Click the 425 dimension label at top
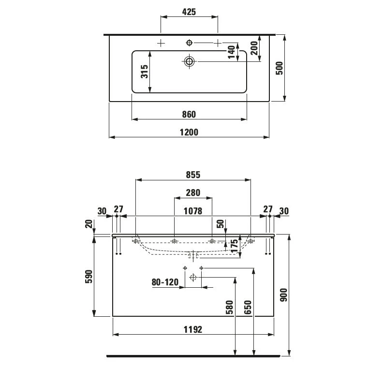pyautogui.click(x=189, y=12)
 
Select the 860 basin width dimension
pyautogui.click(x=189, y=114)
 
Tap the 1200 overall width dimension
pyautogui.click(x=189, y=132)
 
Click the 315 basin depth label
pyautogui.click(x=144, y=72)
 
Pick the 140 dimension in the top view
pyautogui.click(x=232, y=52)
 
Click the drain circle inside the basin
pyautogui.click(x=189, y=61)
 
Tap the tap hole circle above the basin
pyautogui.click(x=190, y=43)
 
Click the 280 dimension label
pyautogui.click(x=193, y=192)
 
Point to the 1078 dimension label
pyautogui.click(x=193, y=210)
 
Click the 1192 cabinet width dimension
pyautogui.click(x=193, y=329)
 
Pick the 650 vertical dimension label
pyautogui.click(x=248, y=308)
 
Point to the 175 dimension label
pyautogui.click(x=234, y=246)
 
